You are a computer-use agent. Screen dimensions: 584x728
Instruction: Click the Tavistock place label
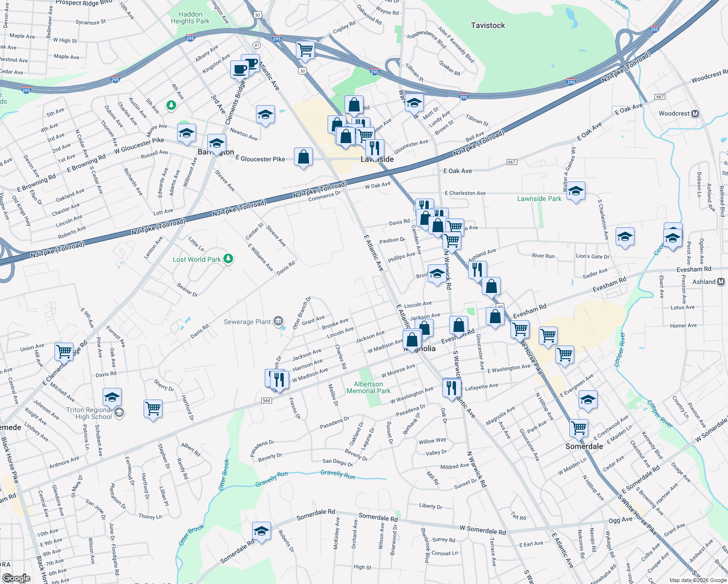488,25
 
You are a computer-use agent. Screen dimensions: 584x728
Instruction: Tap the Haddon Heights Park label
190,18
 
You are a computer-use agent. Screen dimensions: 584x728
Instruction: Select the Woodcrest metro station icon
695,114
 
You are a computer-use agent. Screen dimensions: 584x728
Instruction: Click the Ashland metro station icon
721,282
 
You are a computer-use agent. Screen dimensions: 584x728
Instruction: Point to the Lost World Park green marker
228,259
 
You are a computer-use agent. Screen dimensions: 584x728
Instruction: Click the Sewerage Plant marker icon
278,321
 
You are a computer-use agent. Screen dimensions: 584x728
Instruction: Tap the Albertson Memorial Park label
368,387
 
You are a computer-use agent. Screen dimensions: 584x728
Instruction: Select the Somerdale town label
584,446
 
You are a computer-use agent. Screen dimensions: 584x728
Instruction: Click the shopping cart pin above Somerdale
579,428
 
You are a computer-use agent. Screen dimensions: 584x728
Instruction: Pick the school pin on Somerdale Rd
261,530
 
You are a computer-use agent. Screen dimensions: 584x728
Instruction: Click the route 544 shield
266,401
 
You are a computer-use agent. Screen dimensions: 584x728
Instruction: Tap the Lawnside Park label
539,199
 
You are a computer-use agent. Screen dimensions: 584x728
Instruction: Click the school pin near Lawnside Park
576,191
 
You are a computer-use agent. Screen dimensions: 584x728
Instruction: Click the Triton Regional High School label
90,413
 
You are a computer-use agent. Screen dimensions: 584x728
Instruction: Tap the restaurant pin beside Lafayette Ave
452,387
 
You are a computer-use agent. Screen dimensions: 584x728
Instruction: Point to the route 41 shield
257,45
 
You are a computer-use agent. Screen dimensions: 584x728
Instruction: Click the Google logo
17,578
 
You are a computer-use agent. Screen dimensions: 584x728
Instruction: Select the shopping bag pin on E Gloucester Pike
303,157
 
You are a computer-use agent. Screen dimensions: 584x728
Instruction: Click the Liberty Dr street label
431,506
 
